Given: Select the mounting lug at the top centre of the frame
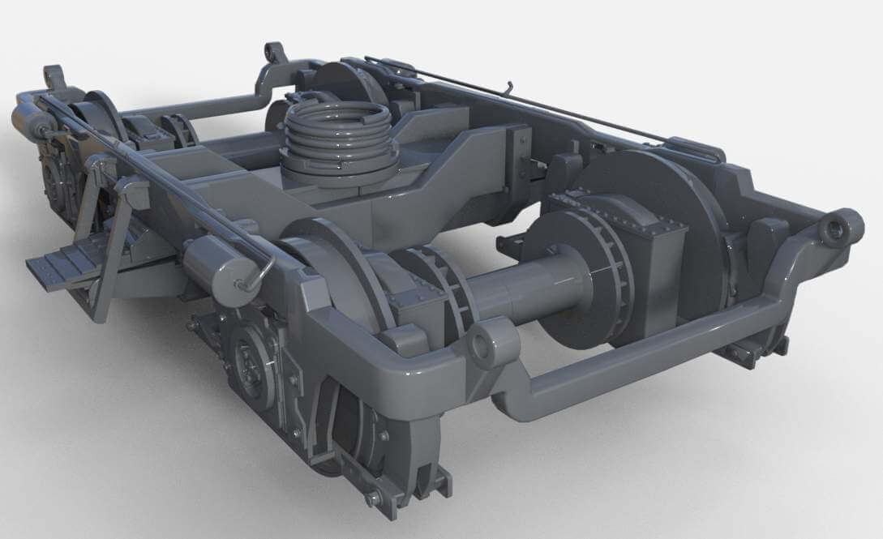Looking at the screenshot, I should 276,55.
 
